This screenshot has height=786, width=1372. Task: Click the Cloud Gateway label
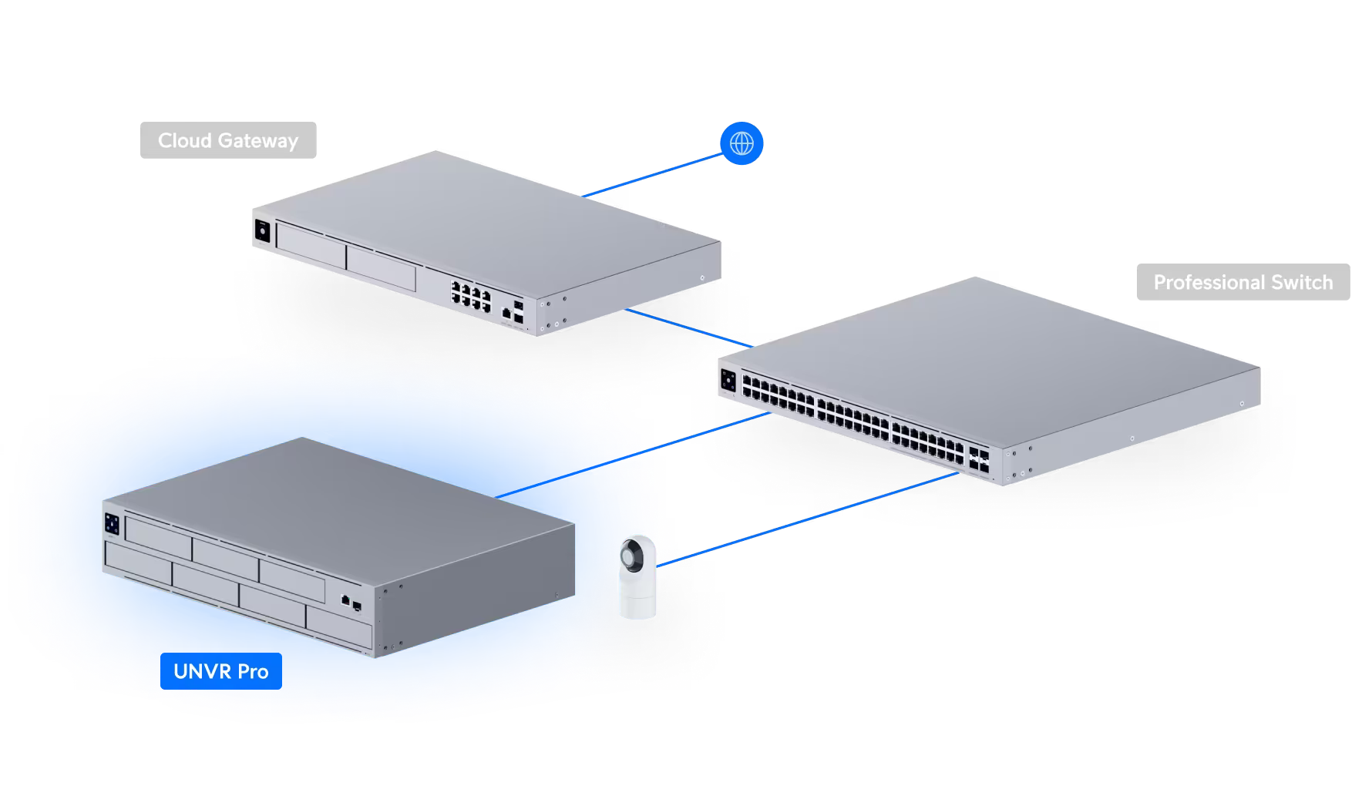(x=228, y=140)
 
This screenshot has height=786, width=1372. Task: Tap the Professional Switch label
(x=1243, y=282)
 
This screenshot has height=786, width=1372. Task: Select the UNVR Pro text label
(x=221, y=671)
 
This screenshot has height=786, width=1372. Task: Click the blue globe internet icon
(x=741, y=143)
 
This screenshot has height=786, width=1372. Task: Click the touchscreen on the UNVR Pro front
(x=112, y=522)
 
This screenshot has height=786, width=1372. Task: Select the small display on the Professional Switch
(x=728, y=379)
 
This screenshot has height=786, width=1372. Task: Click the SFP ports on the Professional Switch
(x=980, y=461)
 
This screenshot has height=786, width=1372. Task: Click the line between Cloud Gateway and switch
(x=686, y=327)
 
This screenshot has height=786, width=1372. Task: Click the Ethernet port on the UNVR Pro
(x=346, y=599)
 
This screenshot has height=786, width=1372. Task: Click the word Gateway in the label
(x=257, y=140)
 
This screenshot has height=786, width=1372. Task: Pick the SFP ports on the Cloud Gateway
(x=519, y=310)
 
